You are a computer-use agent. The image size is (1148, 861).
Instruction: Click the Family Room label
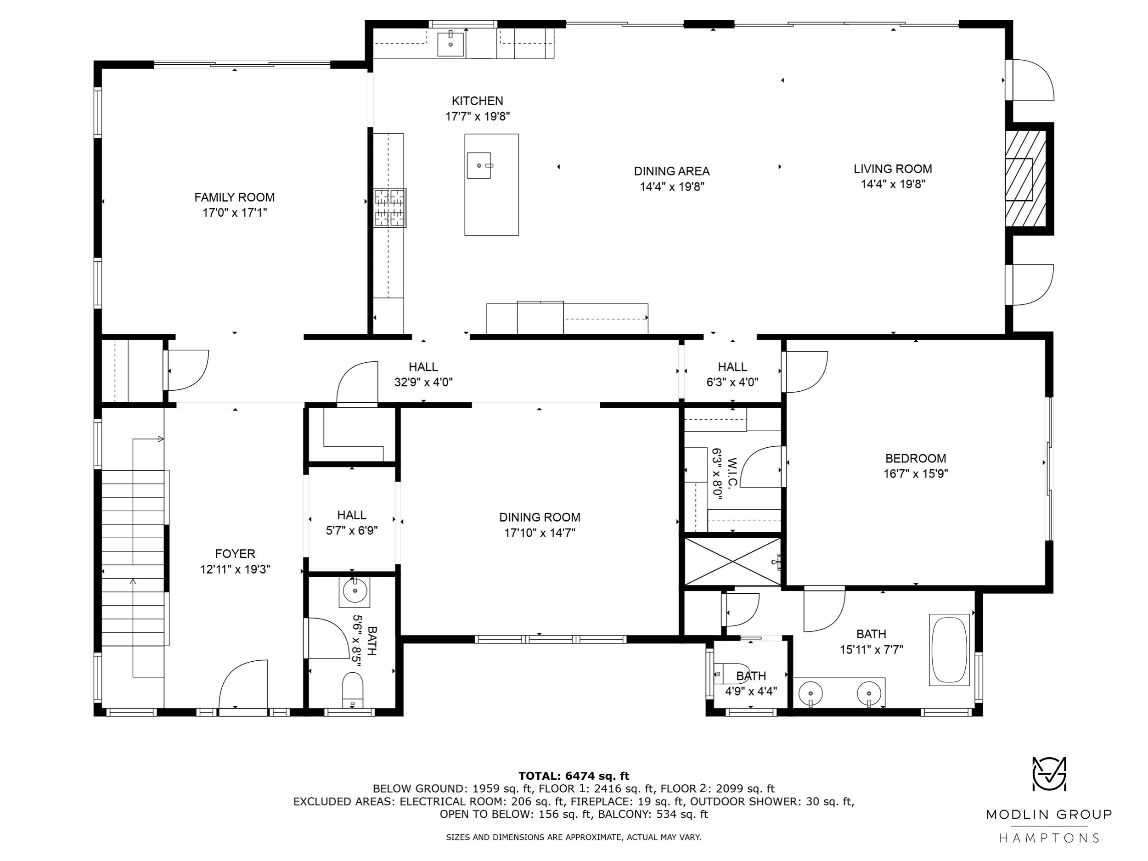pyautogui.click(x=235, y=197)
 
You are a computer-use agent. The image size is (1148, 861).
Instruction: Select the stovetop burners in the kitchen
pyautogui.click(x=390, y=208)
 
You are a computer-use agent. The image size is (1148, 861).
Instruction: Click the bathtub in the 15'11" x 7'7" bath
pyautogui.click(x=949, y=650)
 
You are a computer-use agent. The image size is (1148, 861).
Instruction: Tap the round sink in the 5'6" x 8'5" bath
pyautogui.click(x=355, y=591)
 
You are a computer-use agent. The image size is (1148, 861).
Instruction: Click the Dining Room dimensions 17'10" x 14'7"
pyautogui.click(x=540, y=533)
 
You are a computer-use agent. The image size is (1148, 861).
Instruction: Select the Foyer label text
pyautogui.click(x=235, y=554)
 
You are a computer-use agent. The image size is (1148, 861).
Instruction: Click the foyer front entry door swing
pyautogui.click(x=243, y=684)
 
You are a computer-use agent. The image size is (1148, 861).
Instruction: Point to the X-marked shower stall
pyautogui.click(x=732, y=562)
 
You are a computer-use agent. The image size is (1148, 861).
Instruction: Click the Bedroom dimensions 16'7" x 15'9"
pyautogui.click(x=916, y=474)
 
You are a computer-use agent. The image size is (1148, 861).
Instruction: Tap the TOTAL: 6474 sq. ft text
pyautogui.click(x=574, y=776)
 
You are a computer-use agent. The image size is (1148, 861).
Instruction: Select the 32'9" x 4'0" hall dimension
pyautogui.click(x=423, y=383)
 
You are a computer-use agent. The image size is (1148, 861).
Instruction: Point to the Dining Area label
pyautogui.click(x=671, y=171)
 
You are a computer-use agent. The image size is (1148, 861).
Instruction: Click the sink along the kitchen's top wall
pyautogui.click(x=450, y=44)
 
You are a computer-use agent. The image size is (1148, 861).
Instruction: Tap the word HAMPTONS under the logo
pyautogui.click(x=1049, y=838)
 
